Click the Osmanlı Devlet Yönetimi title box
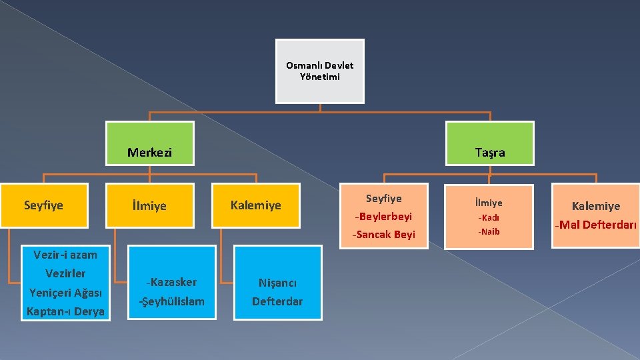[320, 71]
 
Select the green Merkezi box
[150, 143]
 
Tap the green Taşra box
[490, 143]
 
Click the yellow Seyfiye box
[43, 205]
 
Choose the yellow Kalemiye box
[256, 205]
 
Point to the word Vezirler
[65, 273]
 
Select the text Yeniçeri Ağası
[65, 292]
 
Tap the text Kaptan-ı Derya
[65, 311]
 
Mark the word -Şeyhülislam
[172, 301]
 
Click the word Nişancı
[277, 283]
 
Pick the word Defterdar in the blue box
[277, 301]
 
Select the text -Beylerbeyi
[384, 217]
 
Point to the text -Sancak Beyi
[384, 234]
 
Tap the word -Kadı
[489, 217]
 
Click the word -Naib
[489, 231]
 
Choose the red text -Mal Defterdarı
[596, 225]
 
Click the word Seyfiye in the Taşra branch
[384, 199]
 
